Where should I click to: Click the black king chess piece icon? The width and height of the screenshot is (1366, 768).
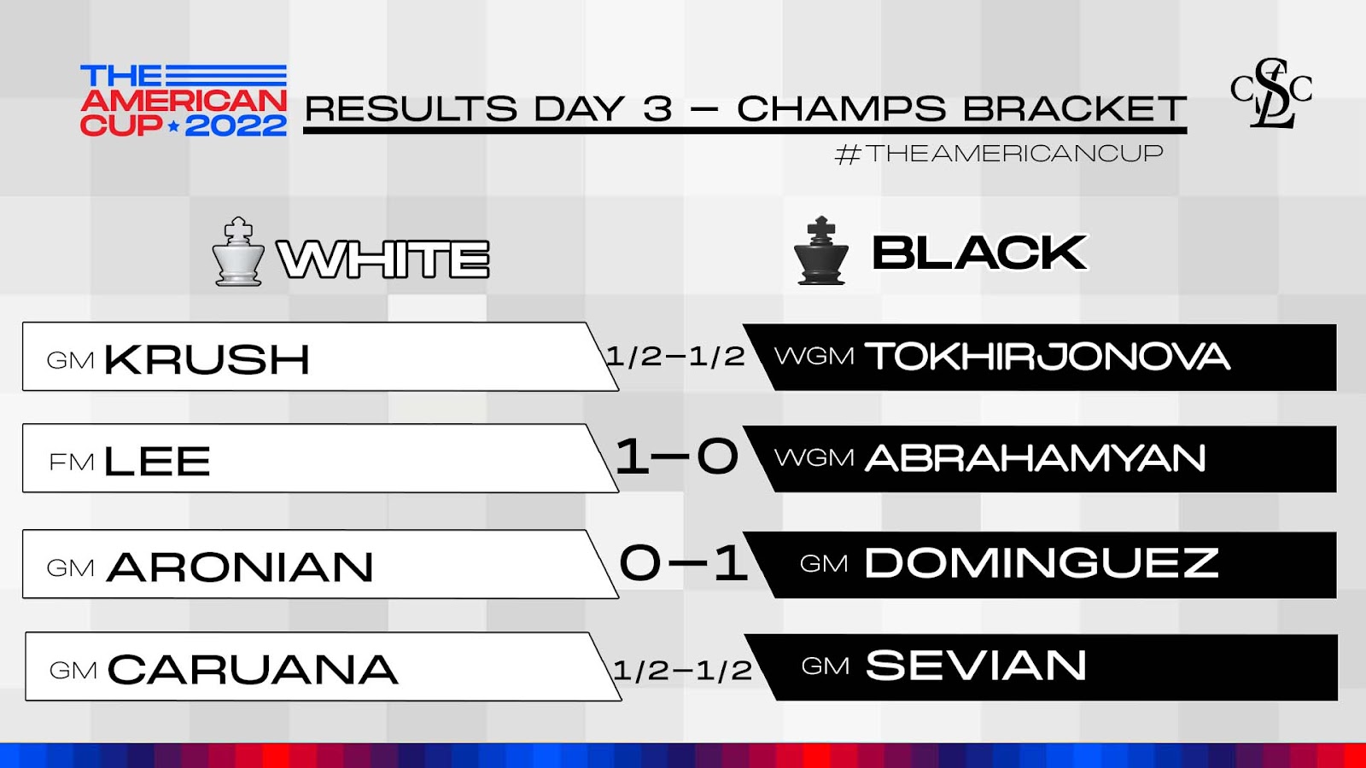[821, 251]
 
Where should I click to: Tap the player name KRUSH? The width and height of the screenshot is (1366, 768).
[207, 359]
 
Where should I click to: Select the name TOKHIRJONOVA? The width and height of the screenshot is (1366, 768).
[1047, 356]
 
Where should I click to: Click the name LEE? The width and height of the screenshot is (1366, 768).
[157, 461]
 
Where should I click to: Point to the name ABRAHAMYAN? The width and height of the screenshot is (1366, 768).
[1035, 457]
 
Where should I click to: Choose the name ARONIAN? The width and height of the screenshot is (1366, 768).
[240, 567]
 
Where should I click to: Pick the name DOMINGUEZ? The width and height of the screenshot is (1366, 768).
[1042, 562]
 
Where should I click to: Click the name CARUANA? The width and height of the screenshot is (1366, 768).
[253, 669]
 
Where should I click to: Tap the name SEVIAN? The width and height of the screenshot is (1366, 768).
[976, 665]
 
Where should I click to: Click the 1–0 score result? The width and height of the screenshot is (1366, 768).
[676, 457]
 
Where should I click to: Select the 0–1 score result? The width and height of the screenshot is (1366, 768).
[683, 562]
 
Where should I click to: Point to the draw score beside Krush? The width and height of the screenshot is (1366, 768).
[675, 356]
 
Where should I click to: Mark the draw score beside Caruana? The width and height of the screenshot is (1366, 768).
[682, 671]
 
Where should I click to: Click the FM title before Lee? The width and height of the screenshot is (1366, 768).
[72, 462]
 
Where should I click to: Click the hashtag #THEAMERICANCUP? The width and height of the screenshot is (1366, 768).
[999, 154]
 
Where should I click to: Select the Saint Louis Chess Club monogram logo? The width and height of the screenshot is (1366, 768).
[1271, 93]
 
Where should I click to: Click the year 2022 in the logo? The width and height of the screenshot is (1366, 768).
[236, 126]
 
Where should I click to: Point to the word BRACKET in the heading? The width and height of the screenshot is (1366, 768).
[1075, 108]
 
